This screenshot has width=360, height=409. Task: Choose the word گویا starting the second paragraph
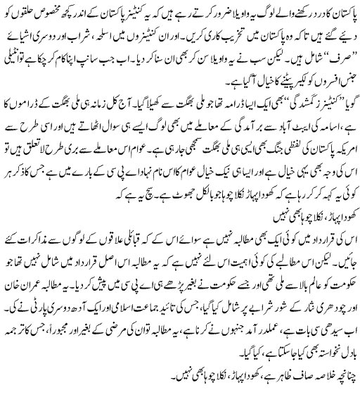[x=344, y=89]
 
